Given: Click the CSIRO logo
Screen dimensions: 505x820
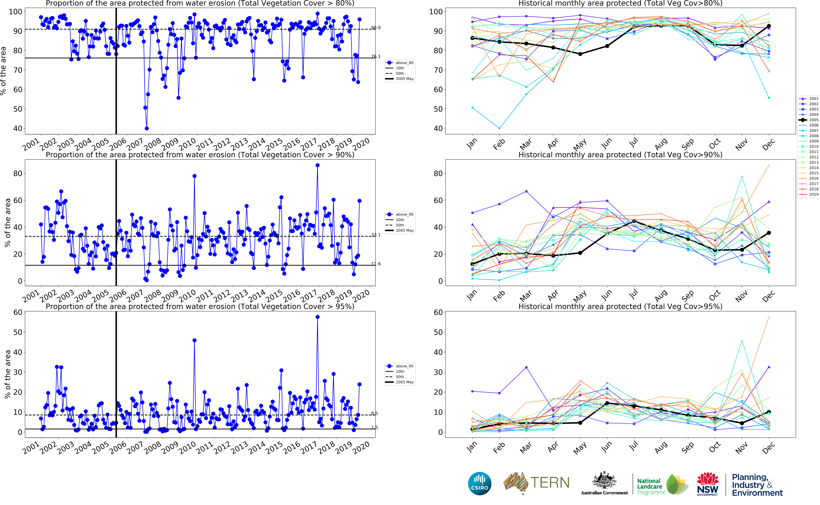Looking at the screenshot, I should point(480,483).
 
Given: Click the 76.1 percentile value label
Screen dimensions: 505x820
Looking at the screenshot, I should point(376,56).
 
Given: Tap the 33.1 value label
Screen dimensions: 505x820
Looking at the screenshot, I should point(376,235).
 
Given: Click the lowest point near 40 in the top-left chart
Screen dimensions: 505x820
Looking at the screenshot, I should point(147,128).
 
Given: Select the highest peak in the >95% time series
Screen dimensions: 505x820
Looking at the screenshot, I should point(317,317).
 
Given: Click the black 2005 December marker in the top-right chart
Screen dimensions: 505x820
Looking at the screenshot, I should point(769,26).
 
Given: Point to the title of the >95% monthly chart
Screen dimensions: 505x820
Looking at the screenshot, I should point(620,307).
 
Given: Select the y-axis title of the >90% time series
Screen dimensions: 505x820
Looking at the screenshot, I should point(7,223).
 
